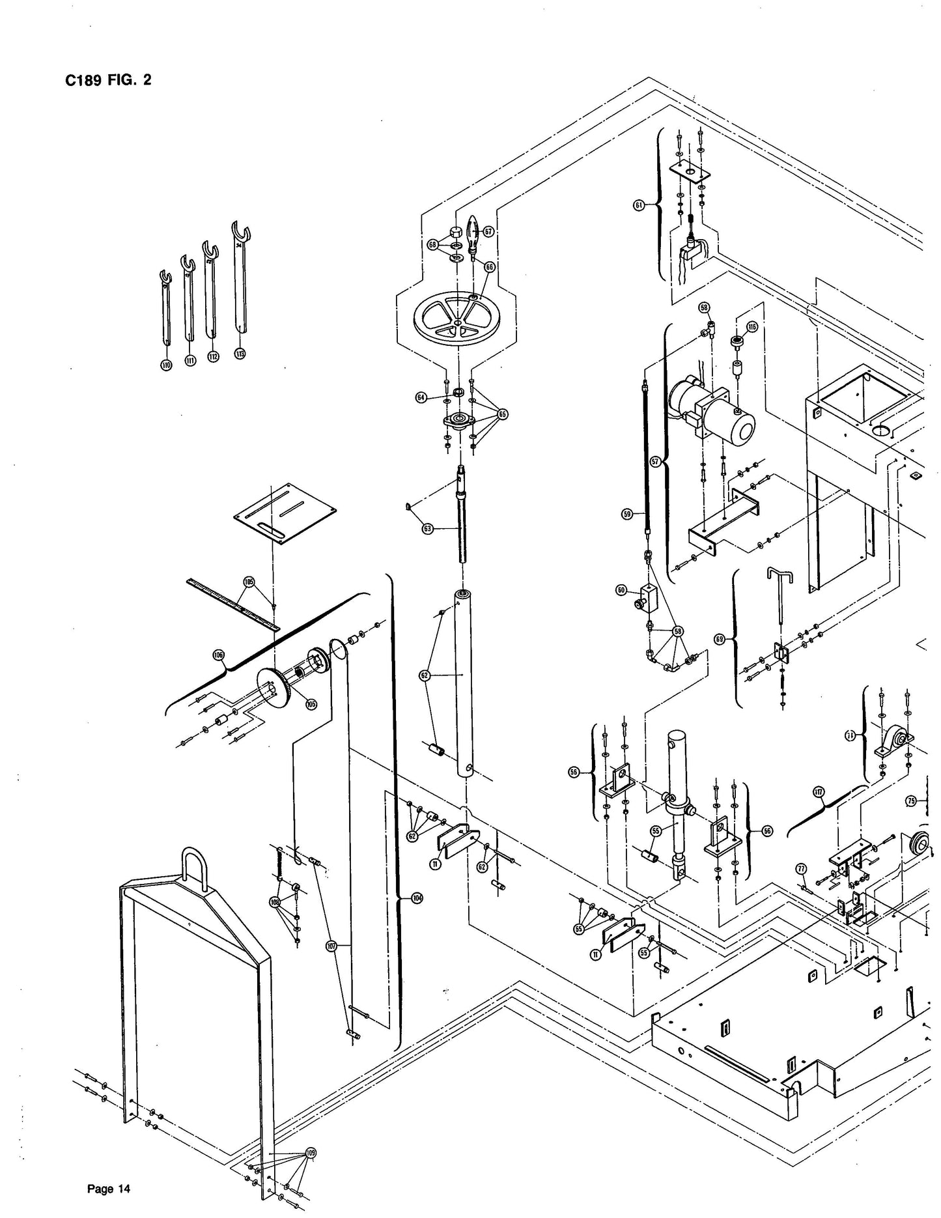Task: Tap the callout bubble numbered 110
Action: [x=166, y=365]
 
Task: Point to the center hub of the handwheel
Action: [x=458, y=322]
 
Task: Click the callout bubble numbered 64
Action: [x=421, y=397]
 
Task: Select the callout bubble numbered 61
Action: [x=639, y=205]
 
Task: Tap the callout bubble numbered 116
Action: [x=752, y=326]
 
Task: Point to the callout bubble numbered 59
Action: [x=627, y=515]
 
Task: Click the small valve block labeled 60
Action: [x=650, y=596]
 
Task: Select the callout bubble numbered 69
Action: [x=720, y=640]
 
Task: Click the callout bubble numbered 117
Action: [x=819, y=793]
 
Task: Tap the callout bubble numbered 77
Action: [x=801, y=868]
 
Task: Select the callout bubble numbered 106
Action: [x=218, y=654]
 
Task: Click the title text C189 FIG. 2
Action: [x=109, y=81]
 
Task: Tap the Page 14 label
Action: [x=109, y=1189]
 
